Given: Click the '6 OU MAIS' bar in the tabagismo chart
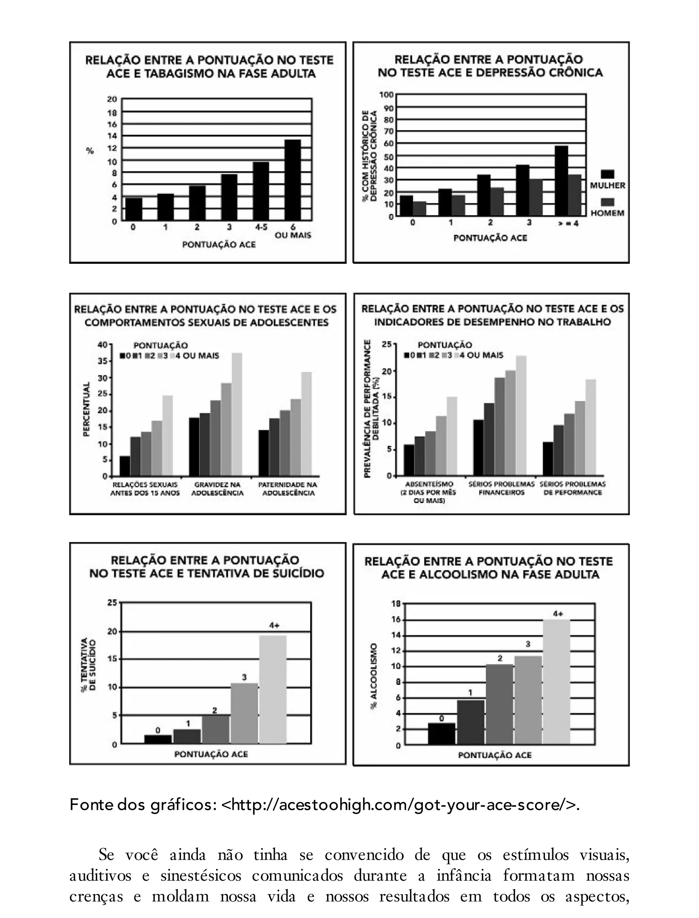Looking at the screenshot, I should coord(293,180).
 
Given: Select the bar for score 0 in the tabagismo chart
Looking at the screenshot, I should coord(133,209).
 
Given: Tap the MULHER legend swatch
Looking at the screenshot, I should coord(608,174).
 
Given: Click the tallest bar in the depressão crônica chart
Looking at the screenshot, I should coord(561,181).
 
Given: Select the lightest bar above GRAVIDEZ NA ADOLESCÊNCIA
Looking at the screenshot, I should coord(237,414).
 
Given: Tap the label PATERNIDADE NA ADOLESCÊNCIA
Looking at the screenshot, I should coord(287,489).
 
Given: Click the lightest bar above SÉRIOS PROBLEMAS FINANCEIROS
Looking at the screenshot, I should coord(521,415).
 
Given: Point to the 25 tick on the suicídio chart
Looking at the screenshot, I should coord(113,602).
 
